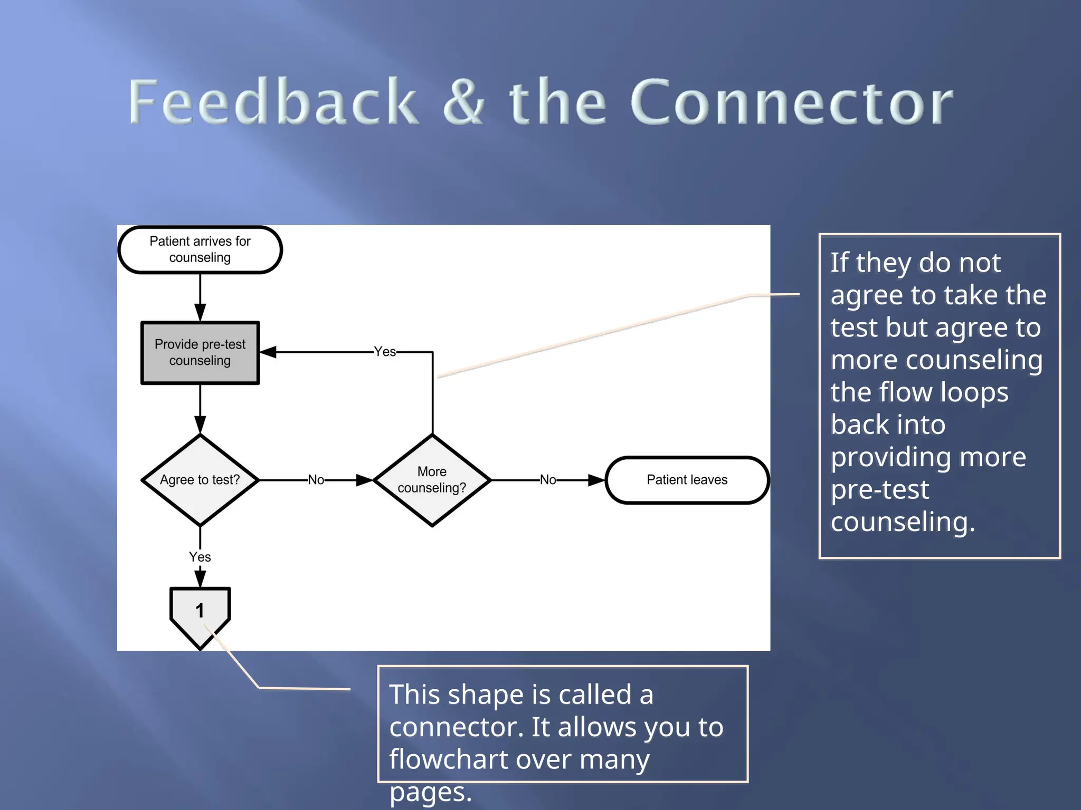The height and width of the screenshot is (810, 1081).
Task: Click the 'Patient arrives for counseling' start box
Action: pos(200,249)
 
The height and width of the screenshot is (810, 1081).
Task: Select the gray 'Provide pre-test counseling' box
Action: pos(200,352)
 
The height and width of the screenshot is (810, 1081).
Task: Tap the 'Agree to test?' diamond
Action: pos(200,480)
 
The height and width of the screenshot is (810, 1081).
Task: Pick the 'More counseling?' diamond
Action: pos(432,480)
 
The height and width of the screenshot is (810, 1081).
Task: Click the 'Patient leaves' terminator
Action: pos(687,480)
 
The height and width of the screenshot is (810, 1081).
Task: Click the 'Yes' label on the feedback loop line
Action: pos(385,352)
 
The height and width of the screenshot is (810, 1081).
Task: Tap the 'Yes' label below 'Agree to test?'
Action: pos(200,557)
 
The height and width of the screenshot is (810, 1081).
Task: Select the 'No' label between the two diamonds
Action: pos(316,480)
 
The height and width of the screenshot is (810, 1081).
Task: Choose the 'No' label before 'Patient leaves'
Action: pos(548,480)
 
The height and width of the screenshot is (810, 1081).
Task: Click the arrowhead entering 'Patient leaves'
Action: pos(596,480)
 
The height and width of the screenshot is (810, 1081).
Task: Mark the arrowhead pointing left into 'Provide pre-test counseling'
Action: pos(268,352)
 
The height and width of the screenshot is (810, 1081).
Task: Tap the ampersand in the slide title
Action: pos(463,101)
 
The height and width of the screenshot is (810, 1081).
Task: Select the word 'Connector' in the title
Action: pos(792,101)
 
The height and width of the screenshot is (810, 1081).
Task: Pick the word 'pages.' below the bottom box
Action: pos(430,792)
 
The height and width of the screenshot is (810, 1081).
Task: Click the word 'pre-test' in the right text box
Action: pos(879,490)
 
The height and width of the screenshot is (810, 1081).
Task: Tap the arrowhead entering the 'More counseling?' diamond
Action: pos(365,480)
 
